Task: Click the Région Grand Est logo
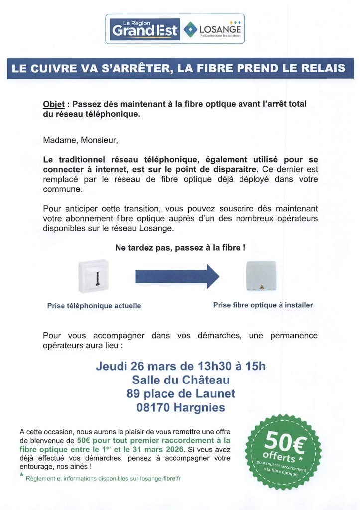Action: coord(144,29)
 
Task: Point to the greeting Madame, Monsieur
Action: coord(80,140)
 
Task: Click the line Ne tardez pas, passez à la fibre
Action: coord(180,247)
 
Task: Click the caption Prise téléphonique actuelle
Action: coord(94,306)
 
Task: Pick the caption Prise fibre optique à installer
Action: coord(263,305)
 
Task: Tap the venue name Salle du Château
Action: coord(180,381)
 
